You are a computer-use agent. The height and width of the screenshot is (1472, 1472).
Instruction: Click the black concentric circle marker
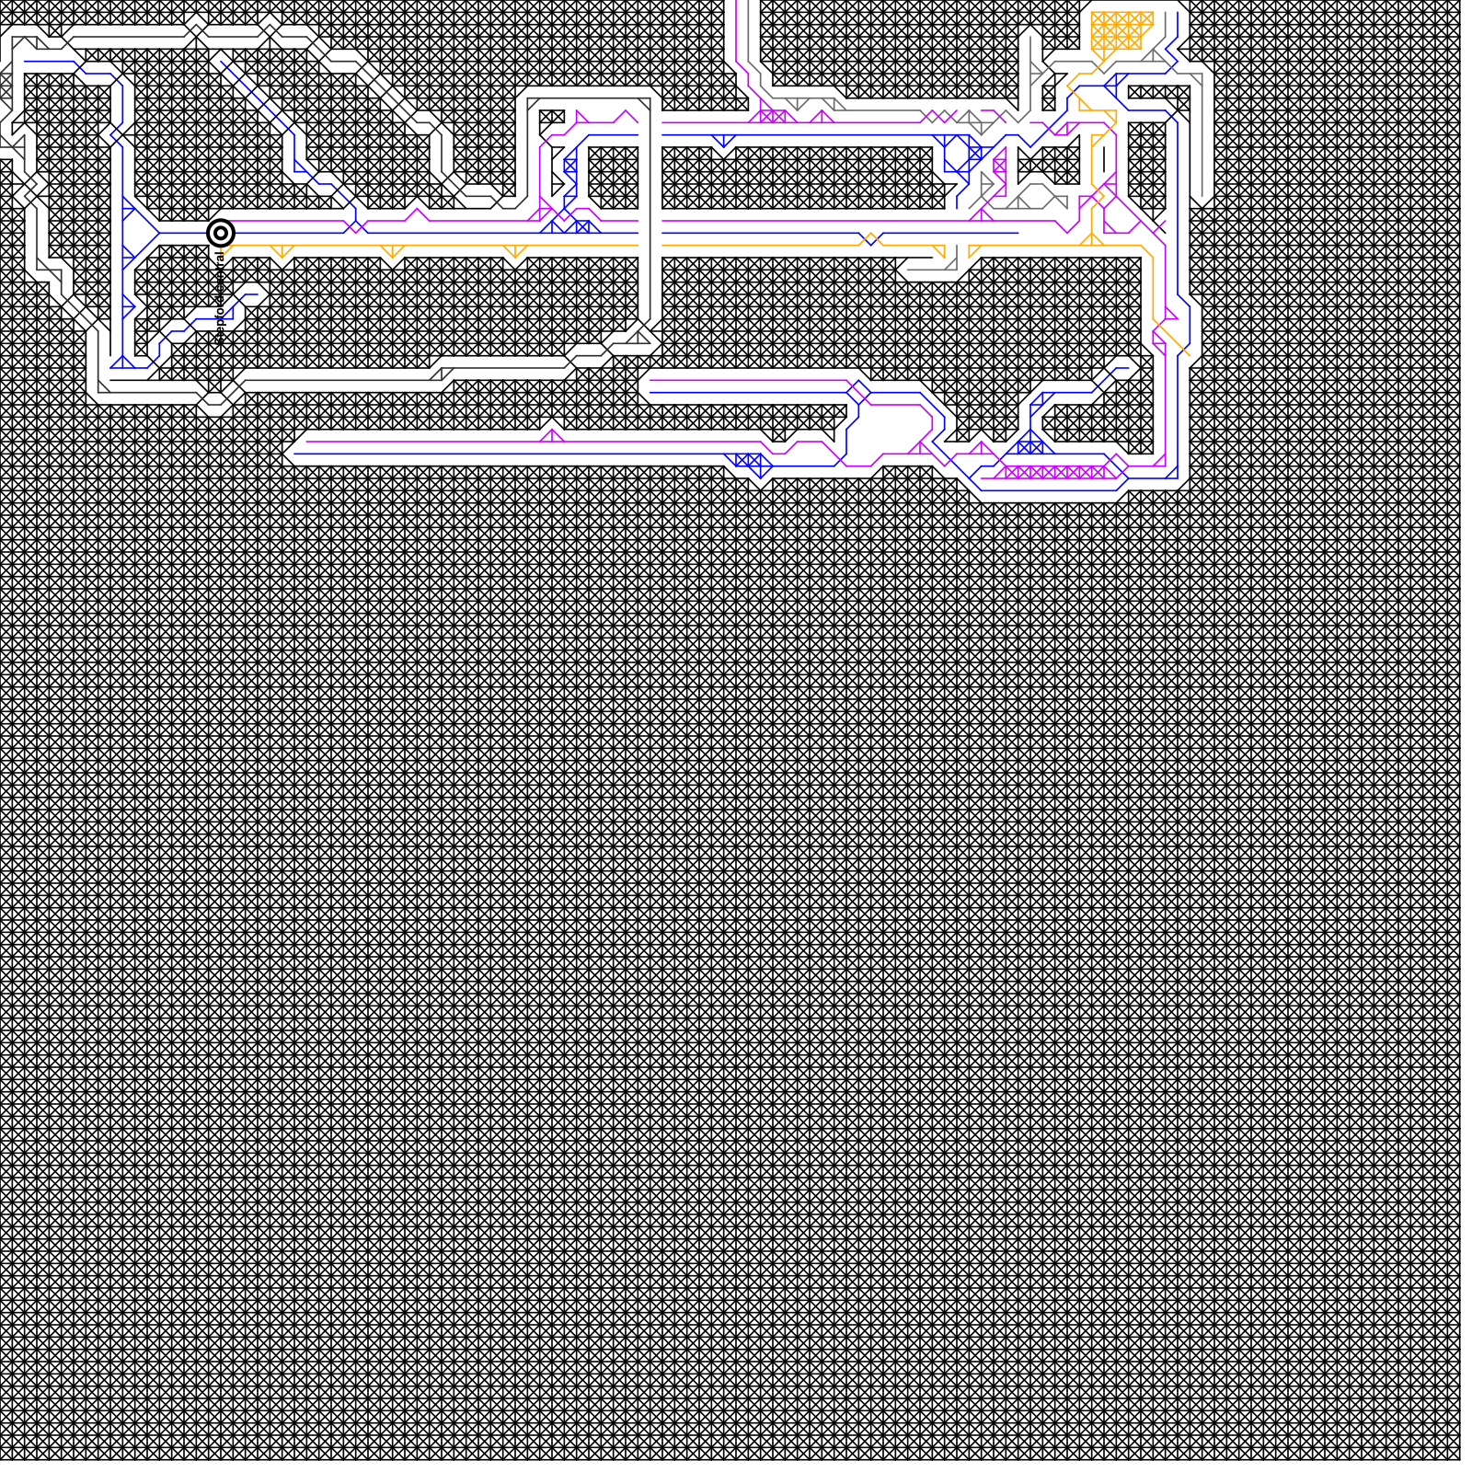point(220,233)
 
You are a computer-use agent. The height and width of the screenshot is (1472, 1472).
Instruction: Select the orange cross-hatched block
point(1121,31)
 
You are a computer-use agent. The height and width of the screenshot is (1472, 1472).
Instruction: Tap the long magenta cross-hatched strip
point(1054,472)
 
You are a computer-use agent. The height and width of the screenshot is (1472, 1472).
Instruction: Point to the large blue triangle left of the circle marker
point(139,233)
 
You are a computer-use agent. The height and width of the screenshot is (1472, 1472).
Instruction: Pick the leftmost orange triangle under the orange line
point(282,251)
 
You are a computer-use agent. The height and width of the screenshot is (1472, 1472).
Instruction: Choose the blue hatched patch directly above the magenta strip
point(1030,447)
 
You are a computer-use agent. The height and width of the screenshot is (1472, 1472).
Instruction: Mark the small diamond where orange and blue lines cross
point(870,239)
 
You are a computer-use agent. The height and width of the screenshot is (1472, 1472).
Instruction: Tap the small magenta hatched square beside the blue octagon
point(999,166)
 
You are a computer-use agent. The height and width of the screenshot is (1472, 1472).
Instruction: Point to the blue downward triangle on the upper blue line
point(723,142)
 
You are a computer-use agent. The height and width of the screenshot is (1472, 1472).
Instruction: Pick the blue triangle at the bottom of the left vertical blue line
point(122,362)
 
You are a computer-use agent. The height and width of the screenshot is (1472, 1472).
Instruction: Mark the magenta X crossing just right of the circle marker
point(354,226)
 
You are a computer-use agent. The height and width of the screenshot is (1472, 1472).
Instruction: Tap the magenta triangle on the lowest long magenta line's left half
point(552,434)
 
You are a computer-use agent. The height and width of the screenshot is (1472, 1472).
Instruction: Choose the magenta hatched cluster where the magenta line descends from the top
point(773,116)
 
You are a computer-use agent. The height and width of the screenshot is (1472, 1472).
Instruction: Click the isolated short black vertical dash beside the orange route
point(1103,159)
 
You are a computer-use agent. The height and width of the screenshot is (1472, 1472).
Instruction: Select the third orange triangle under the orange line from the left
point(514,251)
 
